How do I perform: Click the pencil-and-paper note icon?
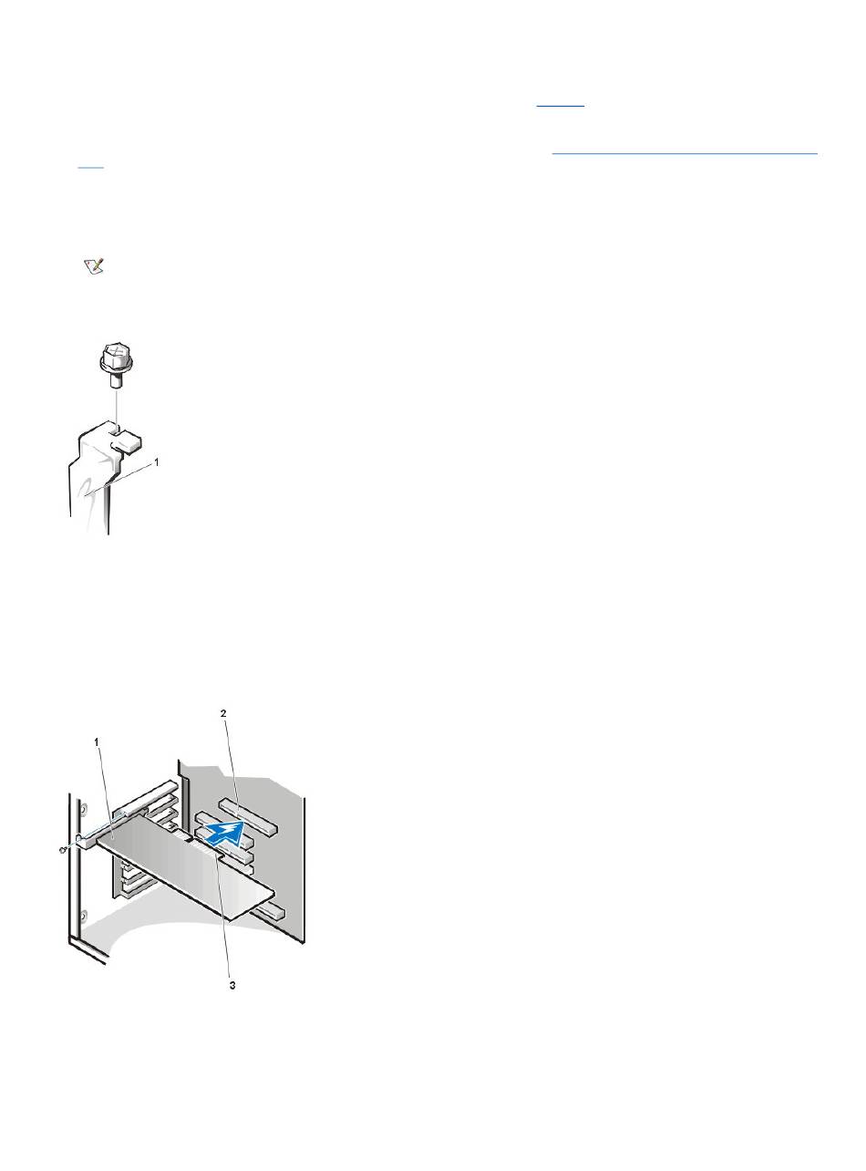pyautogui.click(x=94, y=266)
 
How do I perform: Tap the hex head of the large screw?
pyautogui.click(x=116, y=356)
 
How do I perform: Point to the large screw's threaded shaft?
pyautogui.click(x=116, y=378)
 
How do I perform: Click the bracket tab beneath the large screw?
pyautogui.click(x=127, y=440)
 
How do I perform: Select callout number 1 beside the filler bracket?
pyautogui.click(x=156, y=462)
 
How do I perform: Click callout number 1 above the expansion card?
pyautogui.click(x=97, y=742)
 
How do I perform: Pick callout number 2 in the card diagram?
pyautogui.click(x=223, y=713)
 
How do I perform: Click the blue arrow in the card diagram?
pyautogui.click(x=222, y=833)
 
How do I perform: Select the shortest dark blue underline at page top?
pyautogui.click(x=560, y=106)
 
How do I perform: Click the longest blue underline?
pyautogui.click(x=684, y=153)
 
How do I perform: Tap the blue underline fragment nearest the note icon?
pyautogui.click(x=90, y=168)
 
